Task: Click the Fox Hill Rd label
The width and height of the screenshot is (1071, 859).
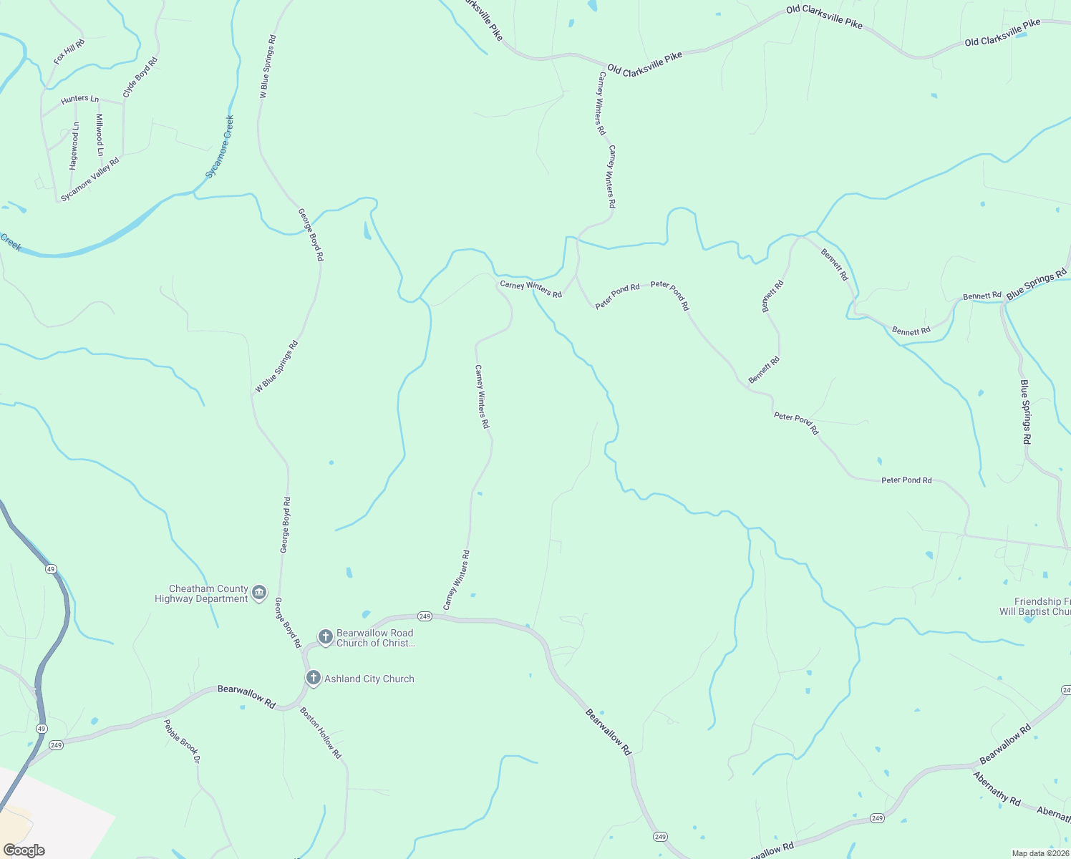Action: click(69, 52)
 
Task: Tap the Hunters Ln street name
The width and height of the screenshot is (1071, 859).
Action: click(79, 99)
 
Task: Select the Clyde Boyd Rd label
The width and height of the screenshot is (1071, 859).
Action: click(140, 77)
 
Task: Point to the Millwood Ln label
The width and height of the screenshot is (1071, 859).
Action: click(100, 135)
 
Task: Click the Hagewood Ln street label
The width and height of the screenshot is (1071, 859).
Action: click(74, 146)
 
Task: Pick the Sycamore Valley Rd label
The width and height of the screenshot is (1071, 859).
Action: click(89, 179)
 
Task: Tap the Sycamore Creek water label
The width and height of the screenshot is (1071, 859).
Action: click(220, 147)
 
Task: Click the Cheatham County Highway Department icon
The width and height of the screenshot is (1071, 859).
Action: click(259, 593)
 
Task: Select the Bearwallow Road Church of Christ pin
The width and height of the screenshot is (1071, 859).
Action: click(325, 636)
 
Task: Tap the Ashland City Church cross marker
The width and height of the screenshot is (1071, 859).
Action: click(313, 678)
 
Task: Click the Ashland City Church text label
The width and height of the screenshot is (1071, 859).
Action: click(369, 679)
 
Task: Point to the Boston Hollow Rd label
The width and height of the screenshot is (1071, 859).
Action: click(321, 733)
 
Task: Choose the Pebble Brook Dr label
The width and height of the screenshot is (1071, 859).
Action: click(181, 741)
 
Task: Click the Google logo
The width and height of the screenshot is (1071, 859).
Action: click(24, 850)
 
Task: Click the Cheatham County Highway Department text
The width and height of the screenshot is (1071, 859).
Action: click(202, 593)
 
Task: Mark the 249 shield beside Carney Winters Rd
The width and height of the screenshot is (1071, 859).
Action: click(425, 616)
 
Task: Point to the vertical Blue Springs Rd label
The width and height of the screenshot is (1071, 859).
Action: click(1026, 412)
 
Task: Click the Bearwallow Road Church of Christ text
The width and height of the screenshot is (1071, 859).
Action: click(375, 638)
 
